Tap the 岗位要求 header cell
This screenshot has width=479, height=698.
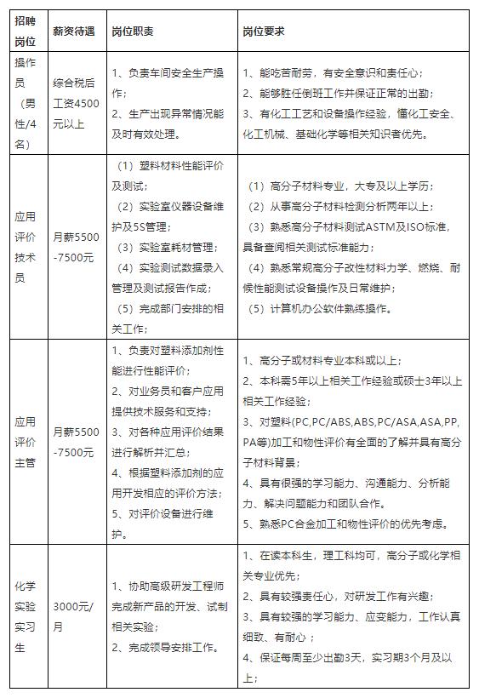[x=264, y=31]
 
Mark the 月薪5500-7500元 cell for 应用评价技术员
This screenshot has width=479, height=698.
[x=76, y=248]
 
